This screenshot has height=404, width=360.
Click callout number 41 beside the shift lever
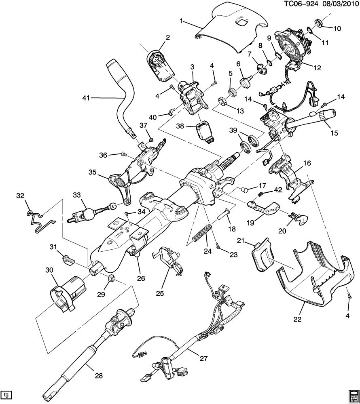coord(87,97)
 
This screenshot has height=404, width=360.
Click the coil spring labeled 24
coord(202,233)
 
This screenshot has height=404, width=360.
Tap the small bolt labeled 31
coord(68,260)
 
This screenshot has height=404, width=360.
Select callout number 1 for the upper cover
coord(182,20)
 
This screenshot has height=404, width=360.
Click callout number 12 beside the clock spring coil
coord(317,68)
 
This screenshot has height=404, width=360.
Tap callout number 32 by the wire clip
coord(20,196)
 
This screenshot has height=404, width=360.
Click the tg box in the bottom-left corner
coord(6,394)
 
